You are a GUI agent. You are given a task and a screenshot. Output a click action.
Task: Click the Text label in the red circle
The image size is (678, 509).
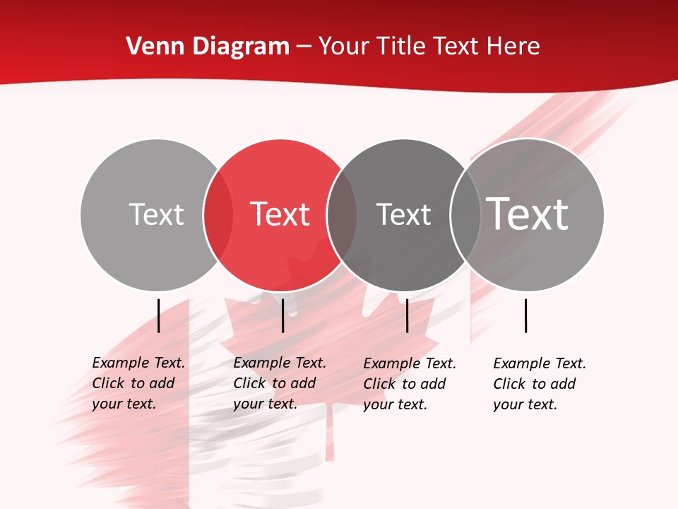(x=280, y=214)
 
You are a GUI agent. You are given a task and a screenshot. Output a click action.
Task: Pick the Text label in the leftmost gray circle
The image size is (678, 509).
(x=156, y=214)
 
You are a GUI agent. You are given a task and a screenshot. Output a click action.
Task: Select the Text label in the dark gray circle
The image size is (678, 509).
(x=403, y=214)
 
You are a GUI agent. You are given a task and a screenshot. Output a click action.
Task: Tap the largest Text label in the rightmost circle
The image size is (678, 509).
(x=528, y=213)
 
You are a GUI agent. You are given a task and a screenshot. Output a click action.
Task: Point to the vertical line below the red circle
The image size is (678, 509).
(x=282, y=315)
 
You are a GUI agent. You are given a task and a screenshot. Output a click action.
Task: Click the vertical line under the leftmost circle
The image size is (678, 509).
(x=158, y=315)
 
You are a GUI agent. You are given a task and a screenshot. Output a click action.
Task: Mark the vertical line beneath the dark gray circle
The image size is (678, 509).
(x=407, y=315)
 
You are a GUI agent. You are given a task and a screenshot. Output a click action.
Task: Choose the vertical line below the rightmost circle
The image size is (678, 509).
(x=525, y=315)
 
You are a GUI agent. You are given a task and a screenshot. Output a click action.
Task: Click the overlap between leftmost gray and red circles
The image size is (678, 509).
(x=218, y=215)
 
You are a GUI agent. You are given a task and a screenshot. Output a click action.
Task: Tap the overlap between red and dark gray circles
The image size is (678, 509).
(x=342, y=215)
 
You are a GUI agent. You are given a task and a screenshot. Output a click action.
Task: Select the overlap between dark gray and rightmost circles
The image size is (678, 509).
(x=465, y=215)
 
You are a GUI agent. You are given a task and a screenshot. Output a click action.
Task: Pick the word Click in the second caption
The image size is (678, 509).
(x=248, y=383)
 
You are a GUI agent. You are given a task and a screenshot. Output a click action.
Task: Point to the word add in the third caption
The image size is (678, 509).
(x=432, y=384)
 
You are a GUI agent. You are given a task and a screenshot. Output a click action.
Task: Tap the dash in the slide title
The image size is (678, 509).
(x=304, y=47)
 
